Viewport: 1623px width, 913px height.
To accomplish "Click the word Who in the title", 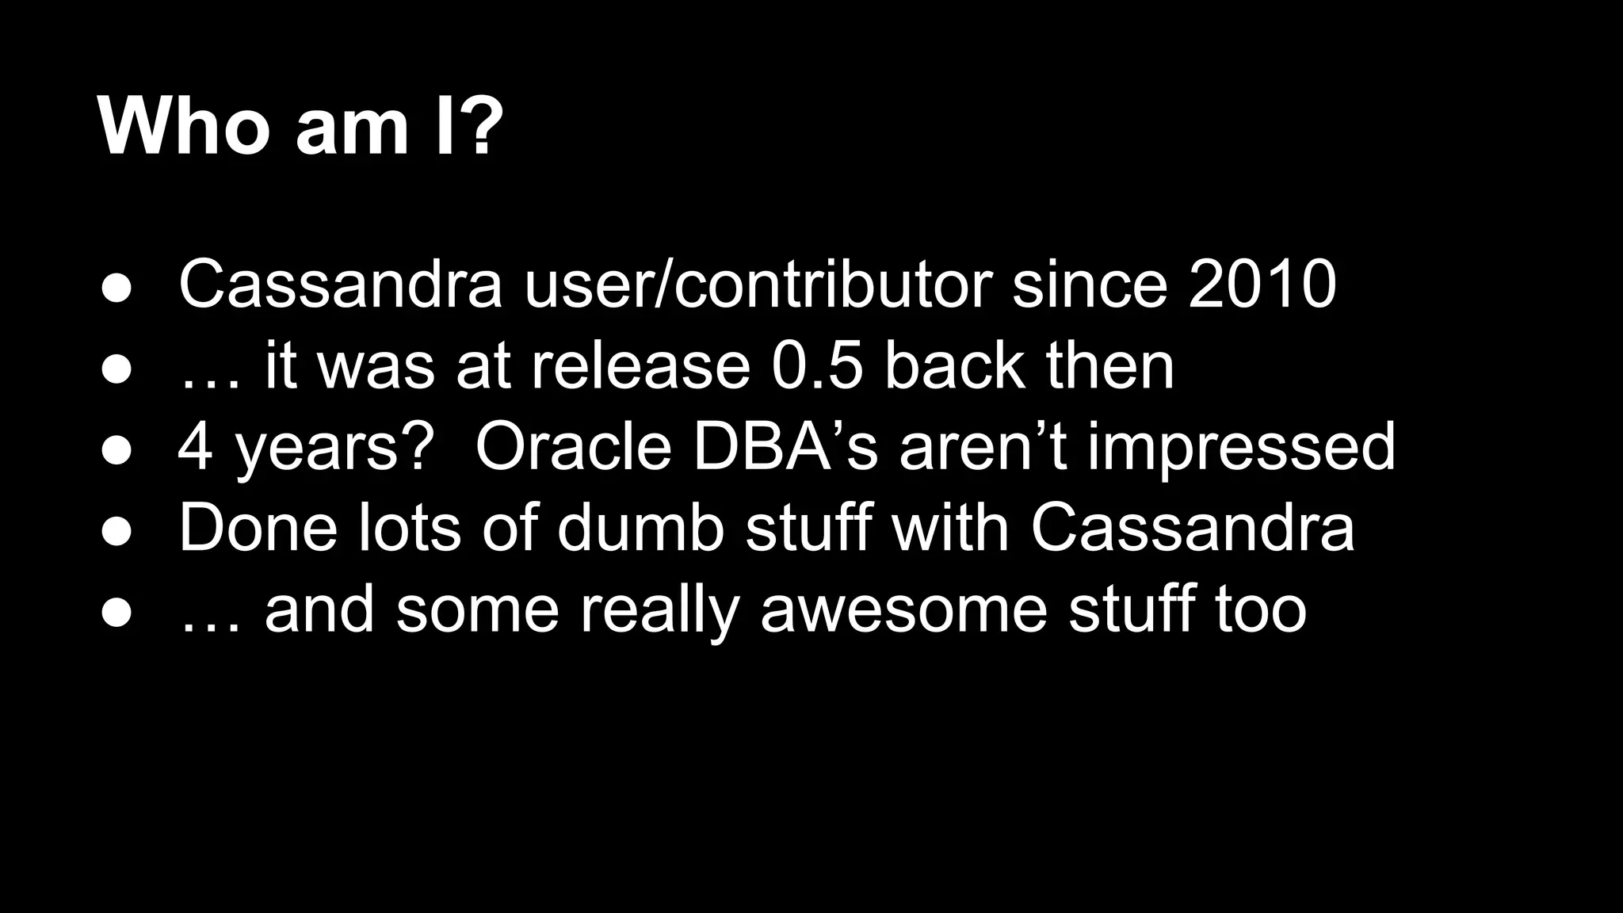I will [x=184, y=127].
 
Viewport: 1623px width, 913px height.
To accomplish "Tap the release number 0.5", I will [x=816, y=366].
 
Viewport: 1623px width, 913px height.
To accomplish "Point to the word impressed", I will [x=1240, y=448].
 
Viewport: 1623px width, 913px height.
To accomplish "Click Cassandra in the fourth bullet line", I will [x=1193, y=529].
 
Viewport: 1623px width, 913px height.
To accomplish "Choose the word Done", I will [x=258, y=529].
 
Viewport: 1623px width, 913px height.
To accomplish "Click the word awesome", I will [x=903, y=610].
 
